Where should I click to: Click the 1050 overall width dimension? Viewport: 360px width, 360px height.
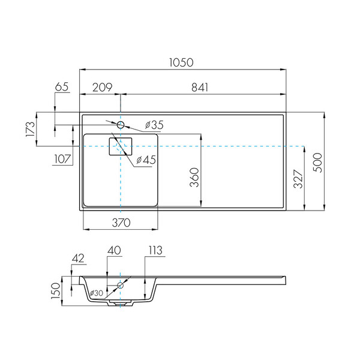(181, 62)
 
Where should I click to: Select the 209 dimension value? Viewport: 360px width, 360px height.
(103, 87)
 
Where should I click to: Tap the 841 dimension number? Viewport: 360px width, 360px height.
(200, 88)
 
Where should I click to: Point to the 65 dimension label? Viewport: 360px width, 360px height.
(62, 87)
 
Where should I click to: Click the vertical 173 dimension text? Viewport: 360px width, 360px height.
(31, 129)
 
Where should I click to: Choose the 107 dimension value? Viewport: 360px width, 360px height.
(62, 159)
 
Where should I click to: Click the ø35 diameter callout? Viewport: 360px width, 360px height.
(154, 125)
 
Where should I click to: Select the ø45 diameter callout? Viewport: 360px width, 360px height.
(146, 160)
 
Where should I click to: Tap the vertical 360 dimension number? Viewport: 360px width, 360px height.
(194, 177)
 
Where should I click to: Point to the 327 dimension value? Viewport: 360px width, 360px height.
(298, 179)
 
